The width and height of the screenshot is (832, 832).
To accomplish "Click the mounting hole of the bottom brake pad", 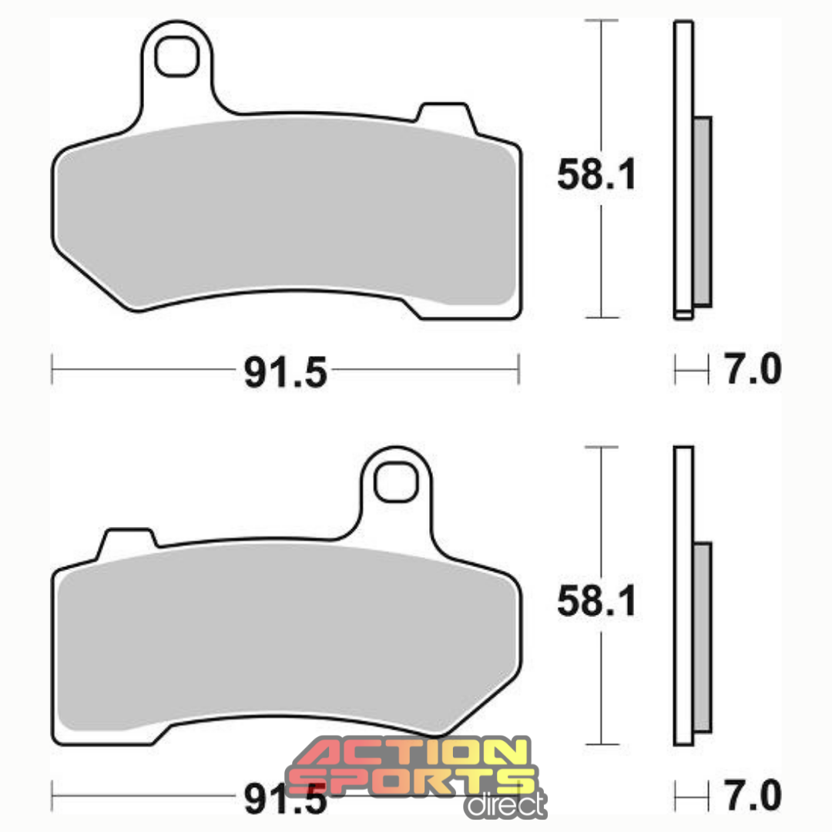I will click(x=396, y=481).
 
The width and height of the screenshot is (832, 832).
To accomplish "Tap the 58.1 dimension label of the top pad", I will click(x=597, y=176).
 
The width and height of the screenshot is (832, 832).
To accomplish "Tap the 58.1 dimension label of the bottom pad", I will click(x=597, y=601).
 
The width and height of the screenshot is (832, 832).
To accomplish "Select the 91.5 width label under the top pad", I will click(x=286, y=374).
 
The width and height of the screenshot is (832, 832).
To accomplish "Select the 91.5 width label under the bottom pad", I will click(x=286, y=800).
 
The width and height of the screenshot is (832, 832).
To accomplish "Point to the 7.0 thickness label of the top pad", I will click(x=752, y=371).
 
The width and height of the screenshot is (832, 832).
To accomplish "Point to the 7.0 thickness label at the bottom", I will click(x=752, y=795).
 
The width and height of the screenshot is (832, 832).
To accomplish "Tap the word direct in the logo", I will click(x=505, y=805).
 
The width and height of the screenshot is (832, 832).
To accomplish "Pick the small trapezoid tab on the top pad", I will click(x=443, y=113).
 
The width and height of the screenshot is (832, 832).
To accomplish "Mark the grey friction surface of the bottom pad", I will click(x=285, y=639).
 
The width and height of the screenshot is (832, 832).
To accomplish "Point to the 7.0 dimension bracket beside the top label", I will click(x=691, y=370).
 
